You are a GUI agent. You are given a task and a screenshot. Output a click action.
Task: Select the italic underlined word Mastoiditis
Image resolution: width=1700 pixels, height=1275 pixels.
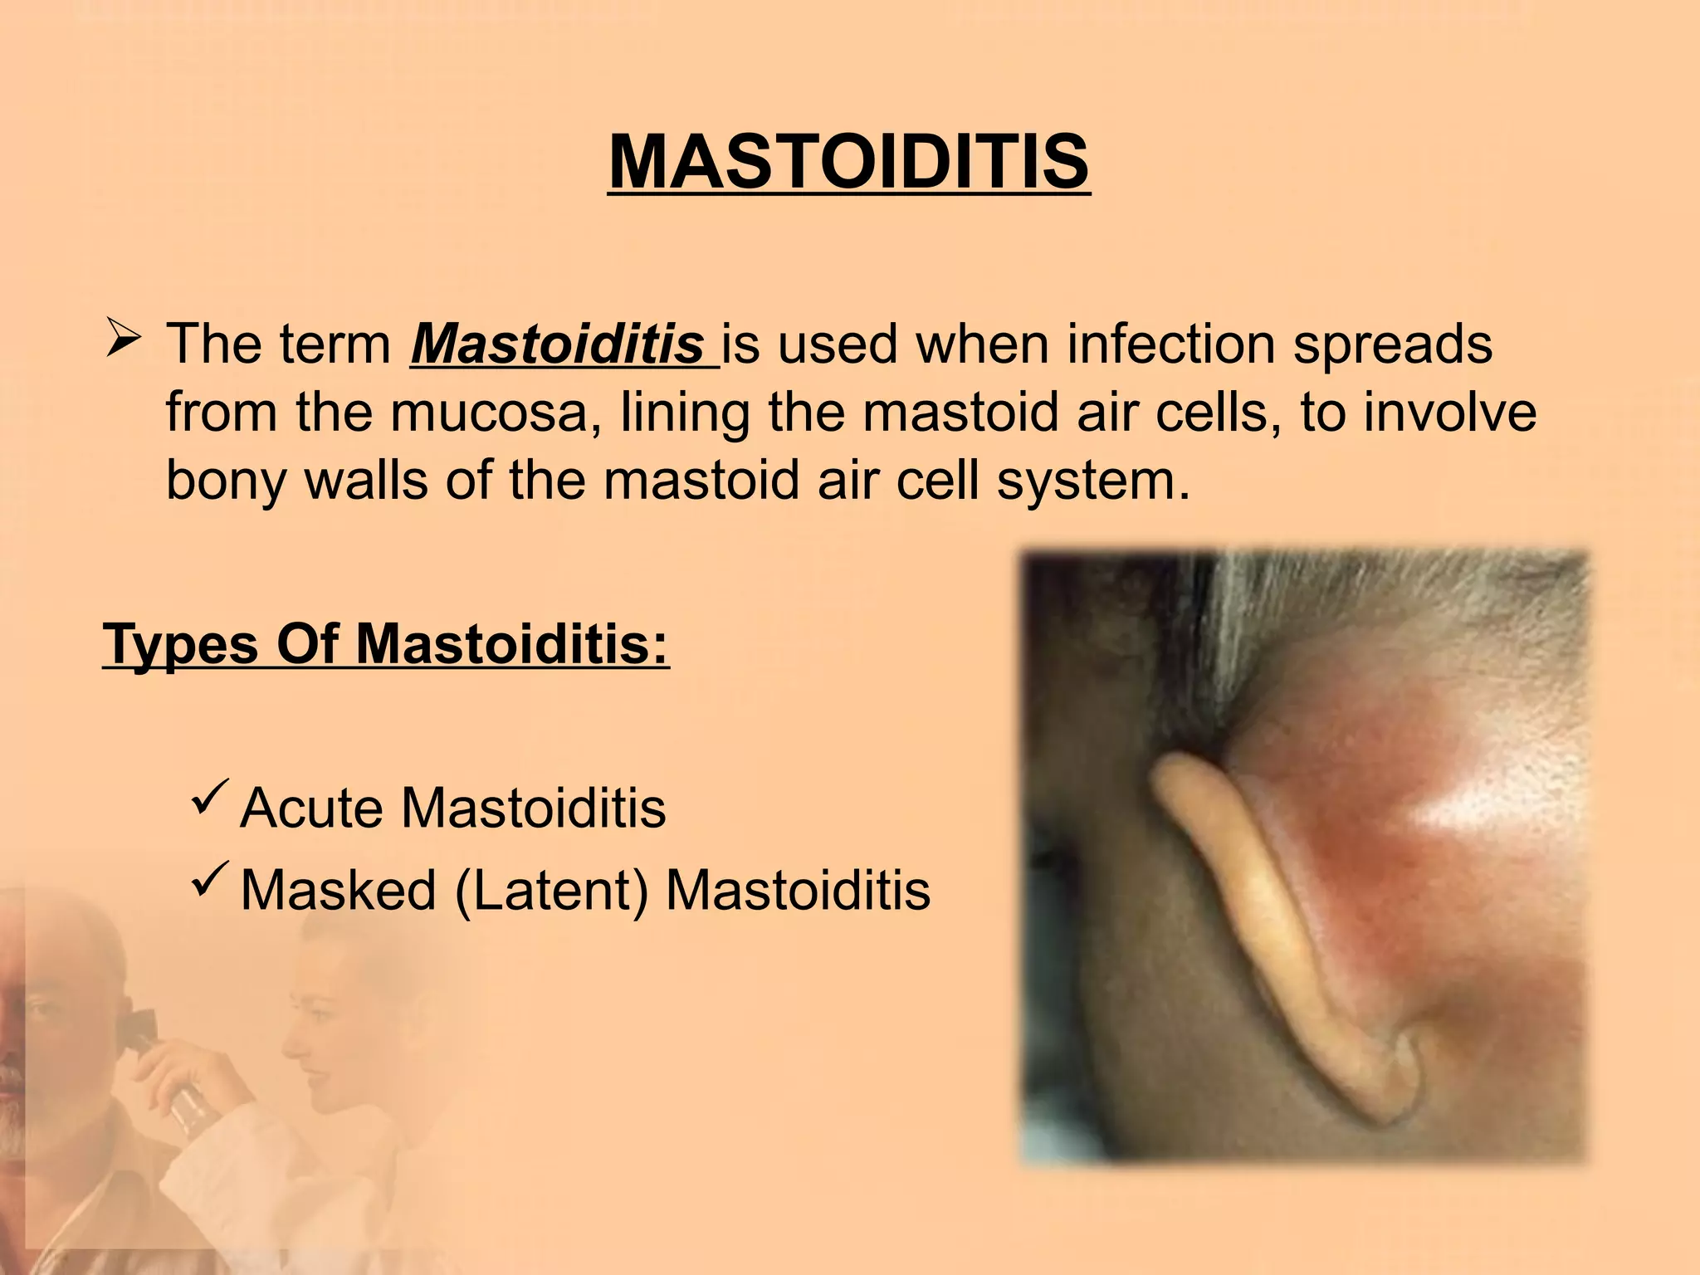tap(557, 344)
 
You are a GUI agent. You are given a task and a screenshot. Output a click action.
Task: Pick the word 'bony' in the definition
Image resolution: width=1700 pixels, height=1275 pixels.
tap(225, 481)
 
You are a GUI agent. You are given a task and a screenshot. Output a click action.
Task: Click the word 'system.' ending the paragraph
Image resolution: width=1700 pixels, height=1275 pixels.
tap(1093, 481)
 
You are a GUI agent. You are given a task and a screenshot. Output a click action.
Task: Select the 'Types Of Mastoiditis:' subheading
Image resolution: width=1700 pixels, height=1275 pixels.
tap(386, 644)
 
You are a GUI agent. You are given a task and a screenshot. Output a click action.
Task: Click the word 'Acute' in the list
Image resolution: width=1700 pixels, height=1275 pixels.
tap(312, 808)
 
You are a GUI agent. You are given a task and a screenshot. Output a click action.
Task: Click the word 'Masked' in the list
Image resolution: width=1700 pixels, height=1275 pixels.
tap(338, 890)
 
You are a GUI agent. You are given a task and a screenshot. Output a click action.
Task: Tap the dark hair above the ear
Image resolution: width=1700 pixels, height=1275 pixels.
tap(1162, 631)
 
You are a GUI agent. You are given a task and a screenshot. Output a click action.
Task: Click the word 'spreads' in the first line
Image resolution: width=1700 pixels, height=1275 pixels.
tap(1393, 344)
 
